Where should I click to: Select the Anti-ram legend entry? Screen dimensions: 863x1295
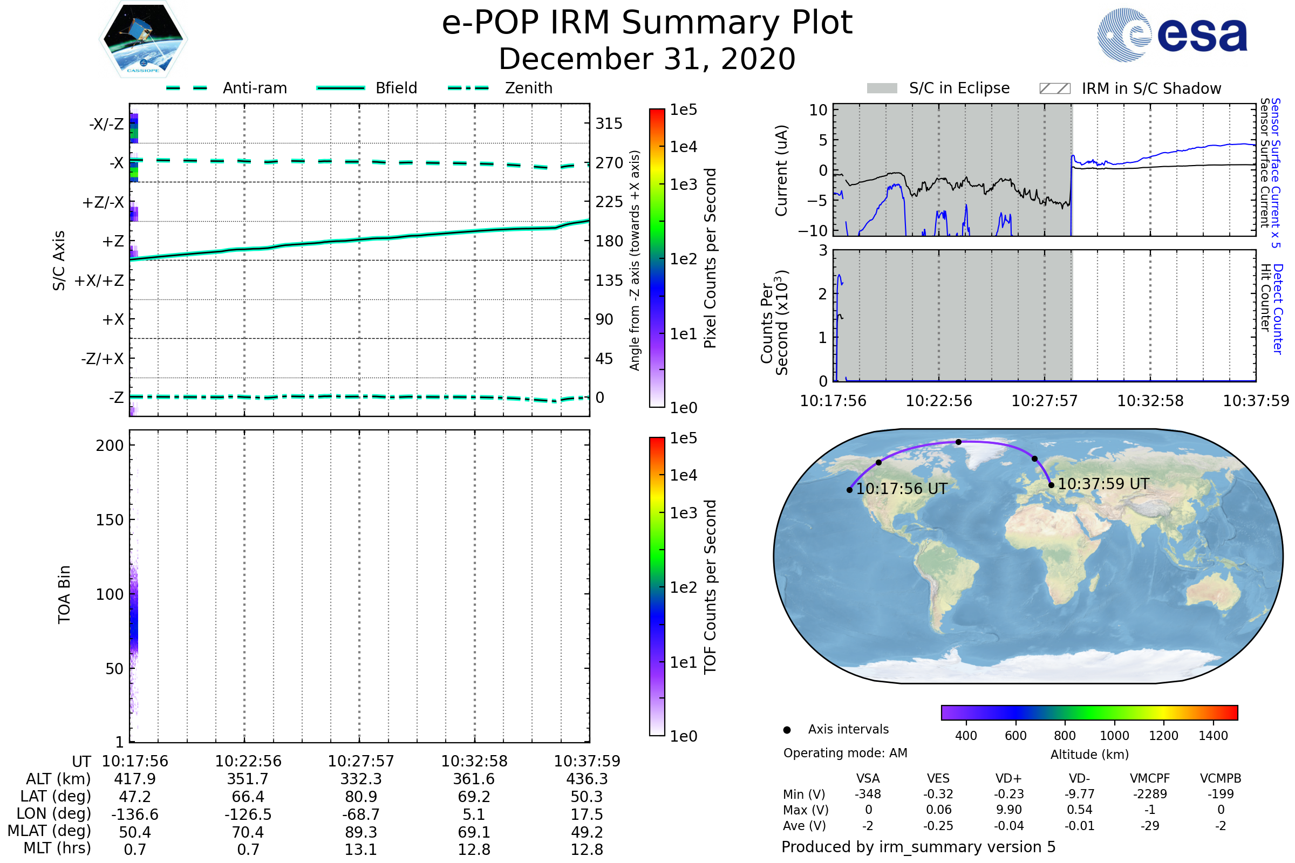pos(254,88)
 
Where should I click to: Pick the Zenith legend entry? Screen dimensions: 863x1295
pos(528,88)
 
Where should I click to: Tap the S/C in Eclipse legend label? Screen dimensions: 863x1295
pos(959,88)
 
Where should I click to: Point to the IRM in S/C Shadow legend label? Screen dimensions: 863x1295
pos(1151,88)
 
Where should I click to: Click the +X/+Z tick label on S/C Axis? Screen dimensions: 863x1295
pos(99,280)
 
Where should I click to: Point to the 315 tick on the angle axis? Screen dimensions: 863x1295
pos(609,124)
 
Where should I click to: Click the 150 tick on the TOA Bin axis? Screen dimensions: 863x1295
pos(110,520)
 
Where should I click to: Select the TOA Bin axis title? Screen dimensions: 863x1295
pos(64,594)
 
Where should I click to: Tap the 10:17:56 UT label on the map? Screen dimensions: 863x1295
pos(901,489)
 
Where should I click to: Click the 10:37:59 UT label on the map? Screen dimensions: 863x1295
pos(1103,484)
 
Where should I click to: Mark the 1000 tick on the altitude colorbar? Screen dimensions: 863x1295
pos(1114,736)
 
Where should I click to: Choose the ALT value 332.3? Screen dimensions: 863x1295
pos(360,779)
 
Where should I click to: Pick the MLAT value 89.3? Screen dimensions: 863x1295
pos(360,832)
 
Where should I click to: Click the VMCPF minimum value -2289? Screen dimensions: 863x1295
pos(1150,794)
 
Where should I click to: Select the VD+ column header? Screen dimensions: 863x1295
pos(1008,779)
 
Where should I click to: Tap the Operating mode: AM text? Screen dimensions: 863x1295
pos(844,753)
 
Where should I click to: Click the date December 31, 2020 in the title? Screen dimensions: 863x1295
pos(647,59)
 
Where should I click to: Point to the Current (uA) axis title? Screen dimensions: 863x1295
pos(781,170)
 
